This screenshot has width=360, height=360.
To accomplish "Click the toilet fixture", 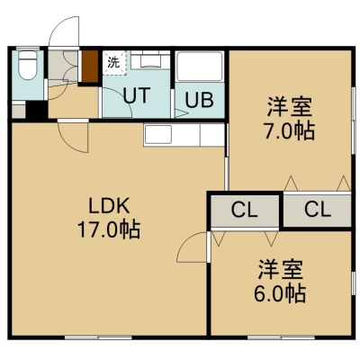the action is [x=27, y=66].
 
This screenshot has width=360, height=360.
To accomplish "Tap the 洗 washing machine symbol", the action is [x=113, y=63].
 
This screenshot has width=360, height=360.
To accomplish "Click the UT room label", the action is [x=137, y=95].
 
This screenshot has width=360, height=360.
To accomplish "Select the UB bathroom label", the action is [x=199, y=100].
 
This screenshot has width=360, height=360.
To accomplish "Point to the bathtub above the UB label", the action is [x=199, y=67].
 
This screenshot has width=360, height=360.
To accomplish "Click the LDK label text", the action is [x=108, y=206].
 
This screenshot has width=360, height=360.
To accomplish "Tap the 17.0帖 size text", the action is [x=109, y=229].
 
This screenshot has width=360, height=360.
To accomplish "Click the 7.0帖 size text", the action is [x=289, y=131].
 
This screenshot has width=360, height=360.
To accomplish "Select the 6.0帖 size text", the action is [x=280, y=293].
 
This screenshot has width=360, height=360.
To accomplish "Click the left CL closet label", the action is [x=244, y=211].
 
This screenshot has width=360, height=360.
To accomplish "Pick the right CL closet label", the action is [x=318, y=210].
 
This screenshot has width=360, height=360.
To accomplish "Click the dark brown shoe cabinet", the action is [x=90, y=67].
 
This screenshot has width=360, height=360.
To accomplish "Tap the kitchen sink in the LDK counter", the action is [x=157, y=134].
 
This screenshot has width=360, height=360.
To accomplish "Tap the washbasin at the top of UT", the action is [x=150, y=60].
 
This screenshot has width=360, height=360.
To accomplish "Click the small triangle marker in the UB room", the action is [x=182, y=113].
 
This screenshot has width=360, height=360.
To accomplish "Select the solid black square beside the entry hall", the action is [x=37, y=110].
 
